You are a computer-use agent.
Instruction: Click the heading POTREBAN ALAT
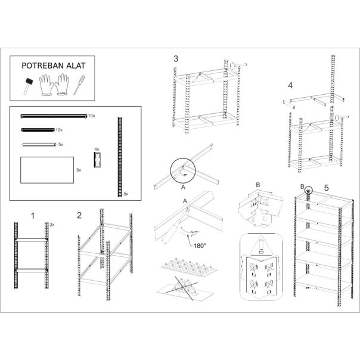(x=53, y=66)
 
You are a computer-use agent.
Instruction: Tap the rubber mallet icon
(x=27, y=86)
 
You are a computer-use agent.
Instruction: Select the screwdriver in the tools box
(x=79, y=85)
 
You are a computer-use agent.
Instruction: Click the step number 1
(x=33, y=216)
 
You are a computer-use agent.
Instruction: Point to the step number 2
(x=79, y=215)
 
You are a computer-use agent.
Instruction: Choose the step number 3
(x=176, y=59)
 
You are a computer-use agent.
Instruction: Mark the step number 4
(x=290, y=86)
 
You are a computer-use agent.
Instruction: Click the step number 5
(x=326, y=188)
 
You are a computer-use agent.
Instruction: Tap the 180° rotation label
(x=200, y=246)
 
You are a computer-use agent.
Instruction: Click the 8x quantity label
(x=126, y=194)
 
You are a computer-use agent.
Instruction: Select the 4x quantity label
(x=97, y=149)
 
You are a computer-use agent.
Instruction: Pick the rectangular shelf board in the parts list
(x=47, y=170)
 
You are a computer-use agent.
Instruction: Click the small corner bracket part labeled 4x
(x=97, y=160)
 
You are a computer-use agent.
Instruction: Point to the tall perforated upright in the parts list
(x=120, y=157)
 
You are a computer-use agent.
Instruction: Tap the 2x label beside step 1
(x=52, y=225)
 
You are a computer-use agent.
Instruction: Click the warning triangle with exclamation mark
(x=261, y=245)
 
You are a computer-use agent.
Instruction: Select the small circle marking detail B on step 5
(x=309, y=190)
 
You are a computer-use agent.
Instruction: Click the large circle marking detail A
(x=183, y=170)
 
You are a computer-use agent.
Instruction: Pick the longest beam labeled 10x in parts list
(x=54, y=116)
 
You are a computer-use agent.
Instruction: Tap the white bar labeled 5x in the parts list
(x=39, y=144)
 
